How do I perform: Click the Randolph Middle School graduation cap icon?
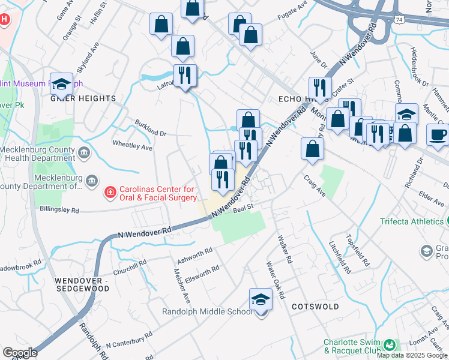click(261, 298)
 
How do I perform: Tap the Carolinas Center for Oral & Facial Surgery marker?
click(110, 193)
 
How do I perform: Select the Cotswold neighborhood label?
click(311, 306)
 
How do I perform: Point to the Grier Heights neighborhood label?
click(83, 98)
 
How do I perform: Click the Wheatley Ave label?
click(133, 145)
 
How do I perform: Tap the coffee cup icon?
click(437, 133)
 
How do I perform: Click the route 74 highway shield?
click(400, 20)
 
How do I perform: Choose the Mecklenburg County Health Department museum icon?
click(83, 153)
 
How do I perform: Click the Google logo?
click(20, 353)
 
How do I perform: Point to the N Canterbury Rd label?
click(128, 342)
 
